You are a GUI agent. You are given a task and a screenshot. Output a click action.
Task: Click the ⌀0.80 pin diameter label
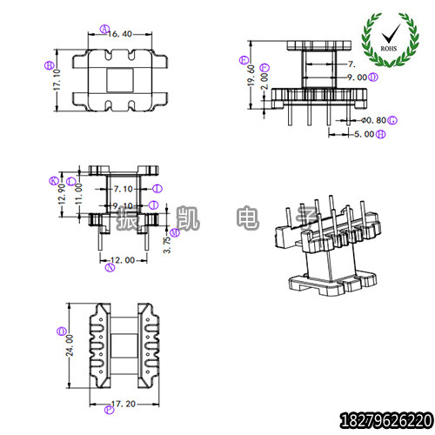click(375, 119)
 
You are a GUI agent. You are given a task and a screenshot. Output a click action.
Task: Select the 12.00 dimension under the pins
click(124, 259)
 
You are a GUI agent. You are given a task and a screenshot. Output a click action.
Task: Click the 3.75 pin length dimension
click(169, 244)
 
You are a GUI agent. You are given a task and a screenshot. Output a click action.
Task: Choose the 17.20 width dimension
click(123, 405)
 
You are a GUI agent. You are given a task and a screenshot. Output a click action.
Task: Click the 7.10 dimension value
click(124, 188)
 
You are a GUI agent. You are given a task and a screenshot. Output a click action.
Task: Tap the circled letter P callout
click(60, 331)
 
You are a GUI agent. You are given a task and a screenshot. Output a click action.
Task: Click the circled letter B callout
click(48, 64)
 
